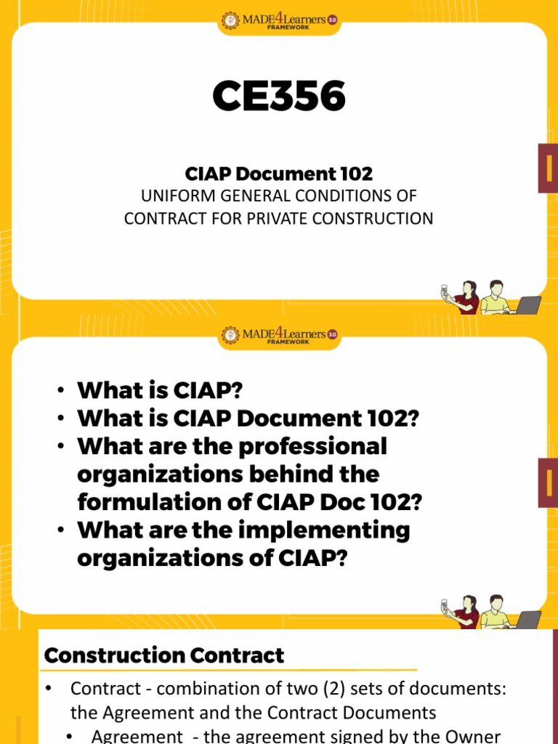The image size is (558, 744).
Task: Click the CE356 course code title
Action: coord(279,97)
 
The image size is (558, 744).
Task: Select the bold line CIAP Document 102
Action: coord(279,174)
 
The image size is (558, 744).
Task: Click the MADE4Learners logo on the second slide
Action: coord(279,335)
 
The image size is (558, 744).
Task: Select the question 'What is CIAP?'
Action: coord(159,391)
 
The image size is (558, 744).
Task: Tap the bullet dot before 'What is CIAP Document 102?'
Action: coord(62,419)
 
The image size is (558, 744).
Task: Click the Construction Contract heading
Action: coord(164,656)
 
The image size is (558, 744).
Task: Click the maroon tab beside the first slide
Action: coord(548,168)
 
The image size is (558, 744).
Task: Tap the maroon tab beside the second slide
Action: coord(548,482)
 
